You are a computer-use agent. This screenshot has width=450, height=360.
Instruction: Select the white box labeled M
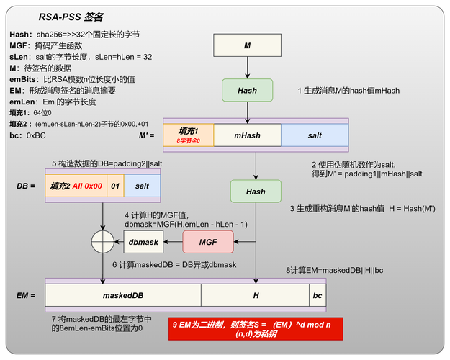click(247, 46)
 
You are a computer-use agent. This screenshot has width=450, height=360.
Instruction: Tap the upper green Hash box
click(247, 91)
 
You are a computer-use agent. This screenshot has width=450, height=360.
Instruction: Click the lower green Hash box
click(256, 192)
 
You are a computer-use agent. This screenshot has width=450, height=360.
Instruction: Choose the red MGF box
click(208, 242)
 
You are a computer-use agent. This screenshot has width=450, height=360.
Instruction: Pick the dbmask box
click(143, 242)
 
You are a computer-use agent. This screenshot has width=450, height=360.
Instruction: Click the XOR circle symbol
click(103, 242)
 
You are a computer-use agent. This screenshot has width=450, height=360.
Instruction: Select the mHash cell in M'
click(247, 135)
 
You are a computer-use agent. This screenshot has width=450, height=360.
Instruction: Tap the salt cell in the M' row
click(315, 135)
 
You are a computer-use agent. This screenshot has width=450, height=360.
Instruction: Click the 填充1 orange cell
click(189, 135)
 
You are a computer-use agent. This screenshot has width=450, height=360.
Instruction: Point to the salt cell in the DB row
click(142, 186)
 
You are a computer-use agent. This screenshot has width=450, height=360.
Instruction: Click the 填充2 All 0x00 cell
click(76, 186)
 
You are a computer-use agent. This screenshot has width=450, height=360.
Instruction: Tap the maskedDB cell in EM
click(122, 295)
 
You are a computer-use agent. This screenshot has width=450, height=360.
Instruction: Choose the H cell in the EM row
click(255, 295)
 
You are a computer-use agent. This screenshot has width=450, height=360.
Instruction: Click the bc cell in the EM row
click(317, 295)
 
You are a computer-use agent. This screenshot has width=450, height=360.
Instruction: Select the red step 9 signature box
click(256, 328)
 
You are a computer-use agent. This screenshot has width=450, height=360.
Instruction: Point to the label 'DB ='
click(26, 186)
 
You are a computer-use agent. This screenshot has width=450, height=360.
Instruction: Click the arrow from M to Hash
click(247, 68)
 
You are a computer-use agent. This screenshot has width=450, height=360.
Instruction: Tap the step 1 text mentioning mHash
click(348, 91)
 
